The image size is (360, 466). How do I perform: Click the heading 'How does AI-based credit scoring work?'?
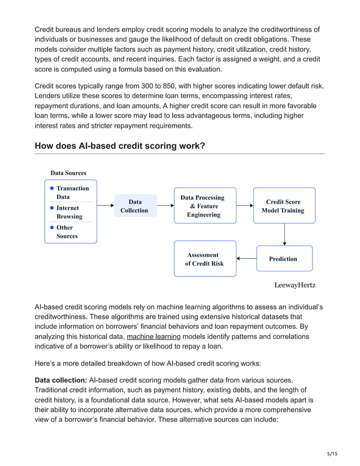[x=120, y=146]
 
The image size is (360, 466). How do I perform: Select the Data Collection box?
[x=135, y=206]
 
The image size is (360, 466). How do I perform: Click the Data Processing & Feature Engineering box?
[x=204, y=206]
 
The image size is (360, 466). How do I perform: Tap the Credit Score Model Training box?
[x=283, y=206]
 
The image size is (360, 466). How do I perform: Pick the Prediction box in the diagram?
[x=283, y=258]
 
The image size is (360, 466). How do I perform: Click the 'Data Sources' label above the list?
[x=68, y=173]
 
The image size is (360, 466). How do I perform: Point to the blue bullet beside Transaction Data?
[x=51, y=188]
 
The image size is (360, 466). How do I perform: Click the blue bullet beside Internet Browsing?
[x=51, y=208]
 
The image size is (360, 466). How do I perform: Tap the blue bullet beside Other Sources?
[x=51, y=228]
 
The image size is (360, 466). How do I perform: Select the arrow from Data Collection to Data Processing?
[x=165, y=206]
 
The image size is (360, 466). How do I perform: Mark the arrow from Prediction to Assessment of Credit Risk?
[x=246, y=259]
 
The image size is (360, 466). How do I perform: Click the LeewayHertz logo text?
[x=295, y=285]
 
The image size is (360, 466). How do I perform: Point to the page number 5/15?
[x=332, y=453]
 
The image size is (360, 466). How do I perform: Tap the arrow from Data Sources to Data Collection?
[x=106, y=206]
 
